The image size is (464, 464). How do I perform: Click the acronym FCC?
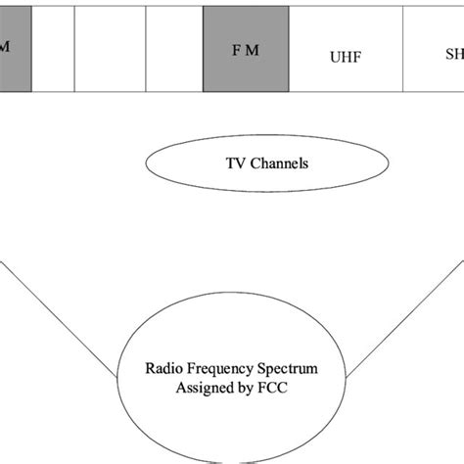[x=293, y=389]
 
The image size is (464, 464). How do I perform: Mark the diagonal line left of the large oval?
[x=59, y=318]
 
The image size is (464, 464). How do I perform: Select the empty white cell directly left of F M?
[x=174, y=49]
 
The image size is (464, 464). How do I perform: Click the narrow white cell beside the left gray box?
[x=53, y=49]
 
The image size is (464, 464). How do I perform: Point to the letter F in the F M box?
[x=236, y=50]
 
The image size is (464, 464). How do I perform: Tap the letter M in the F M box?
[x=254, y=50]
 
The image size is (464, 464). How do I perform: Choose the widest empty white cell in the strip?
[x=110, y=49]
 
